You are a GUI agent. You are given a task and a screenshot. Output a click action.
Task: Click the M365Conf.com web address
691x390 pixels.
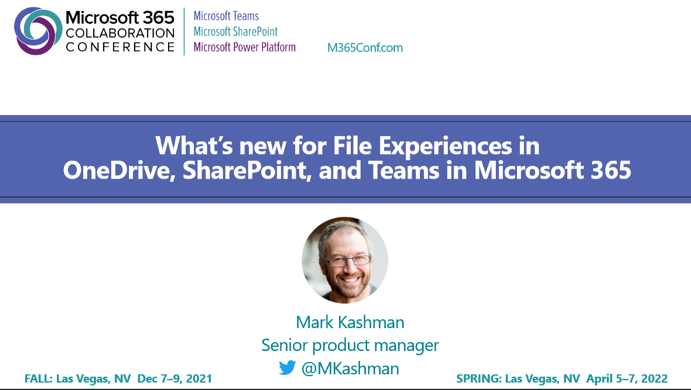click(365, 48)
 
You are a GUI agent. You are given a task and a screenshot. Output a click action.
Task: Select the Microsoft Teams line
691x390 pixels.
click(226, 16)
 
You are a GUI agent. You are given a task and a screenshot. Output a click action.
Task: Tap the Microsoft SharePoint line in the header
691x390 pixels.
click(236, 32)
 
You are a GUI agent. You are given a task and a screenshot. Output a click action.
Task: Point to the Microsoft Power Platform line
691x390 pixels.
click(244, 47)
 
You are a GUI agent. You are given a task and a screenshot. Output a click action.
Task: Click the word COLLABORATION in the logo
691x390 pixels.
click(120, 33)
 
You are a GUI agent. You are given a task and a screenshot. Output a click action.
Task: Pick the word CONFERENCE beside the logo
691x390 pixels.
click(120, 47)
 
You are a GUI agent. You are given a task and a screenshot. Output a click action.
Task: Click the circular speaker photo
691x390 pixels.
click(345, 260)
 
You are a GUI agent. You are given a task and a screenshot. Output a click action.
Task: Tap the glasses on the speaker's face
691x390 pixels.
click(348, 260)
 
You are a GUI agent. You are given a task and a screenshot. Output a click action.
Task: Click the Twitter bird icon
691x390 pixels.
click(287, 368)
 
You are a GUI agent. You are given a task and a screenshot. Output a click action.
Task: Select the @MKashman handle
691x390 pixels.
click(350, 368)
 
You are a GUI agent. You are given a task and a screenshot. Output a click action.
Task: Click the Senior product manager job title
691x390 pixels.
click(350, 345)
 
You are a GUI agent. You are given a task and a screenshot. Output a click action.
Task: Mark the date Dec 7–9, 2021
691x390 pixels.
click(175, 379)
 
